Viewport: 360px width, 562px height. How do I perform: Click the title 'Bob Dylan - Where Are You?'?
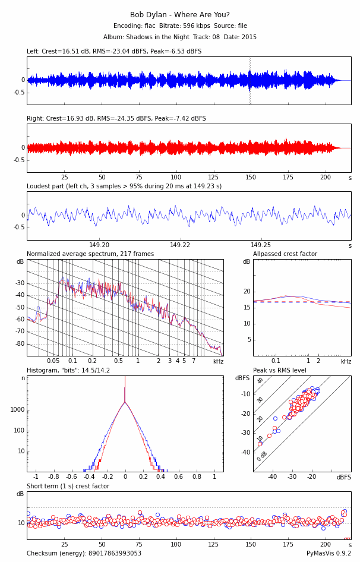tap(180, 15)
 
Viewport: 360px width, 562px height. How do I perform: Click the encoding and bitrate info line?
tap(180, 26)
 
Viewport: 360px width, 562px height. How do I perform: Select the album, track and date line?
tap(180, 37)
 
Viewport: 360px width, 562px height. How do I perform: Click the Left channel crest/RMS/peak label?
tap(114, 52)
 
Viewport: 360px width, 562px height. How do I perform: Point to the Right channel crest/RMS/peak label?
tap(116, 119)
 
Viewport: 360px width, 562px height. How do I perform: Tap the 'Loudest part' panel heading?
tap(124, 187)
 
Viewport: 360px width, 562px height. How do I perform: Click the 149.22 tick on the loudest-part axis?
tap(180, 245)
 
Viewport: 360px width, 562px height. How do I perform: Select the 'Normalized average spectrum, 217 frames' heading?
tap(90, 254)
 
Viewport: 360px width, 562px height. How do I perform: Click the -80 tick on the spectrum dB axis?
tap(20, 344)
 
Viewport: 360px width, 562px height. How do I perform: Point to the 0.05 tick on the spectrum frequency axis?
tap(53, 361)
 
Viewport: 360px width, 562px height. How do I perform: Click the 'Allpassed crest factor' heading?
tap(285, 254)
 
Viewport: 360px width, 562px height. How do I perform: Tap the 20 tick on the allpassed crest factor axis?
tap(247, 292)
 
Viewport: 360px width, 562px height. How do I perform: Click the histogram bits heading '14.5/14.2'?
tap(68, 371)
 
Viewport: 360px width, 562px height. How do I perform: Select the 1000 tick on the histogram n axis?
tap(17, 410)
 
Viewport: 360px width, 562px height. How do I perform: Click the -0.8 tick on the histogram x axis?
tap(53, 476)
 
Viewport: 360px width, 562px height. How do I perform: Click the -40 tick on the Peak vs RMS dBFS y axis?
tap(245, 453)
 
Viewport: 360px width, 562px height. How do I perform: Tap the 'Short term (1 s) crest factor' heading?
tap(68, 487)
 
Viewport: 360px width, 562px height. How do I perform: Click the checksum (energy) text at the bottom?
tap(84, 554)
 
